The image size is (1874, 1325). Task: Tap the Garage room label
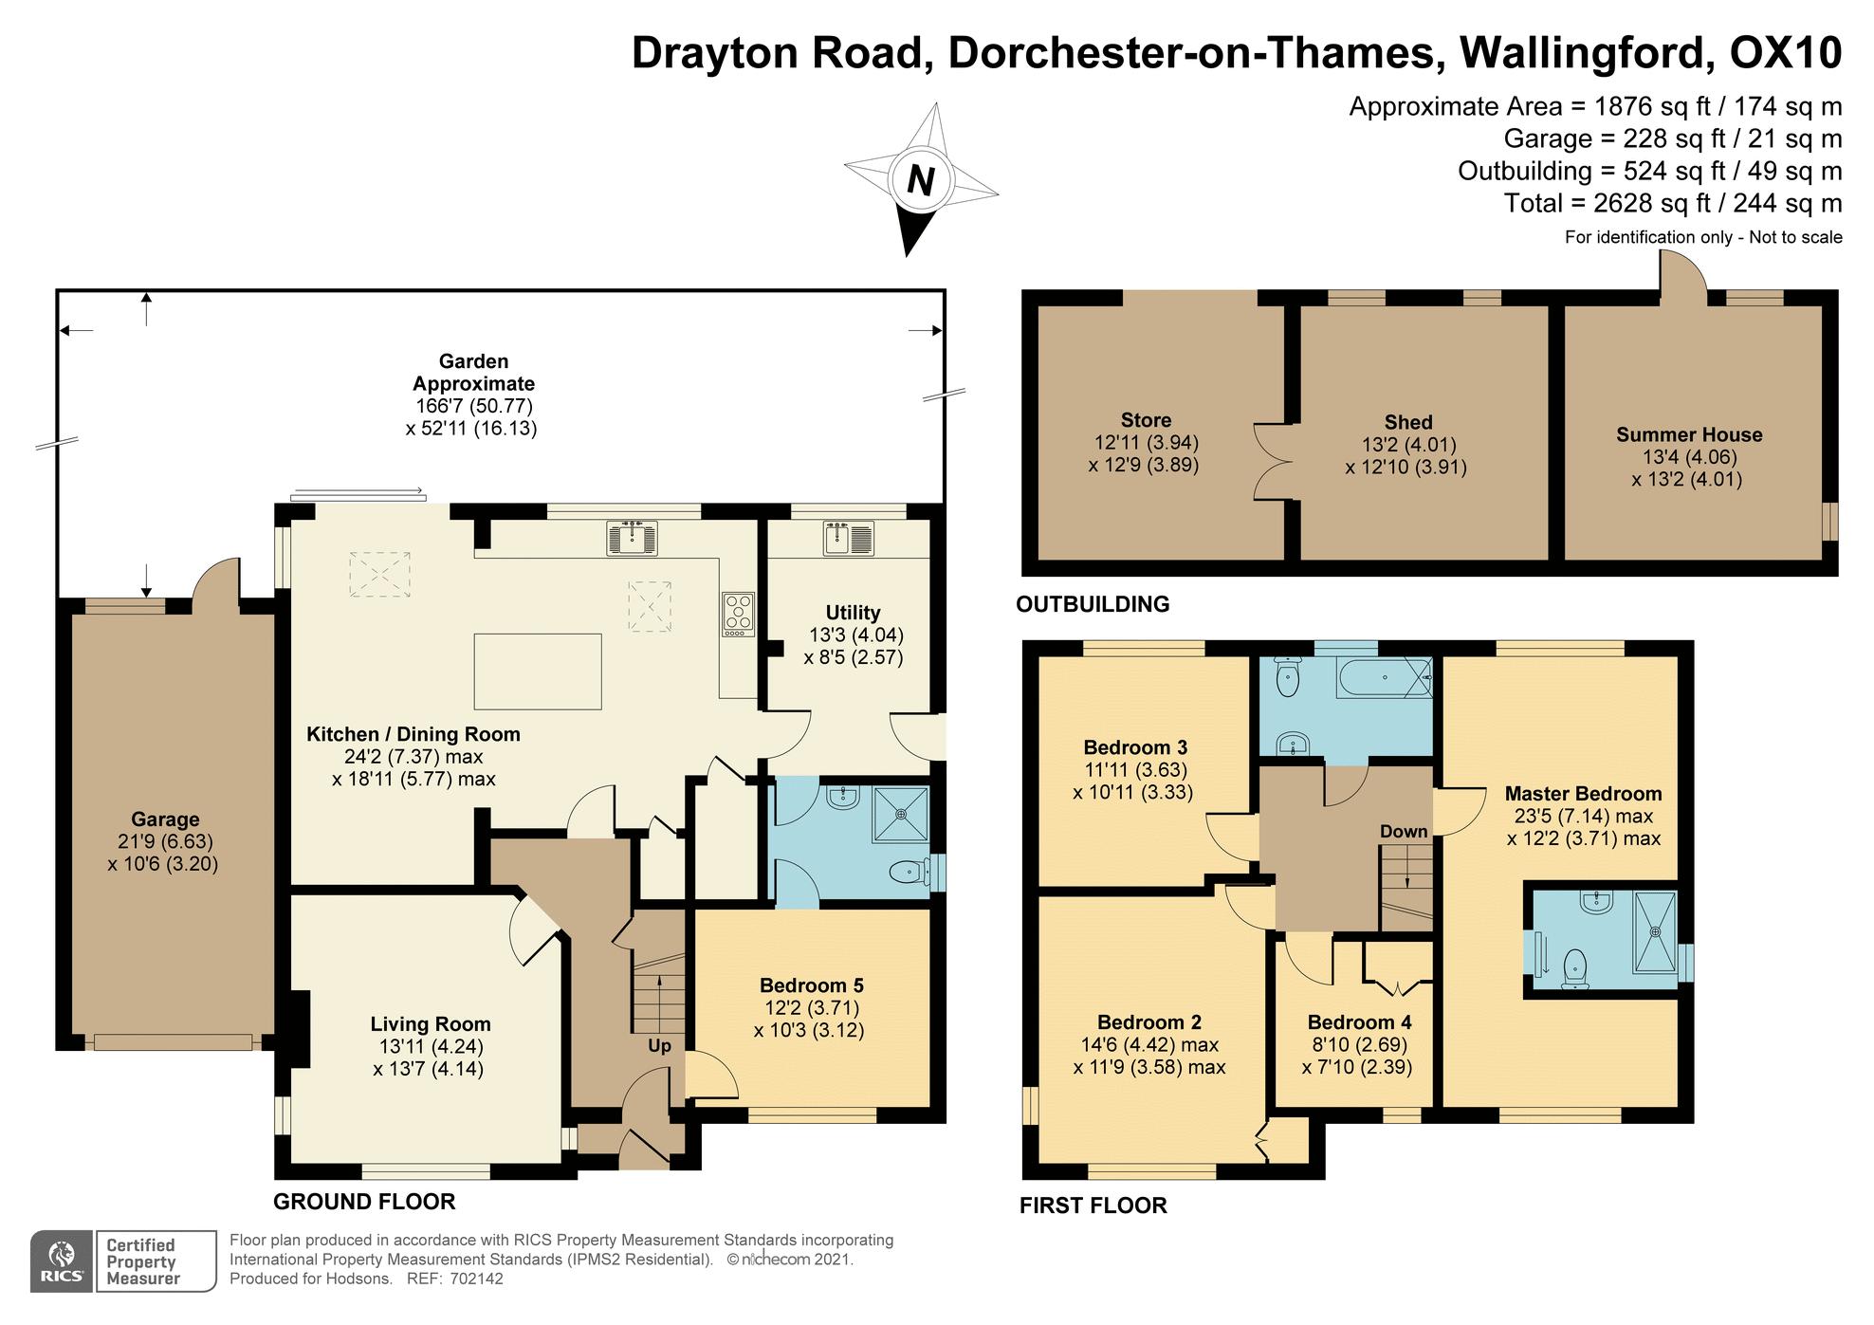pos(165,819)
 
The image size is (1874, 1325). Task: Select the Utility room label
pos(853,613)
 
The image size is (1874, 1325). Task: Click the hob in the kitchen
pos(738,614)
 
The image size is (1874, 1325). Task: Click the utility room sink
pos(848,538)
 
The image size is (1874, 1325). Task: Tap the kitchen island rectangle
pos(538,672)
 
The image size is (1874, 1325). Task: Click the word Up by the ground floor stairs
pos(659,1046)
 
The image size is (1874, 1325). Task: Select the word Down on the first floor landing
pos(1404,832)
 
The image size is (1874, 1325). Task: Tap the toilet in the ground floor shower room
pos(910,872)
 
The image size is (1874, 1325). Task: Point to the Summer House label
pos(1689,435)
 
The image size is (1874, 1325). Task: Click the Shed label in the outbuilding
pos(1408,423)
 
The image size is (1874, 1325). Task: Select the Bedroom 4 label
pos(1359,1022)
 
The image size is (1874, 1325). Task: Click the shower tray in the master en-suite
pos(1655,932)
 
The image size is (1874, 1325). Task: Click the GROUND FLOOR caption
pos(364,1202)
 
